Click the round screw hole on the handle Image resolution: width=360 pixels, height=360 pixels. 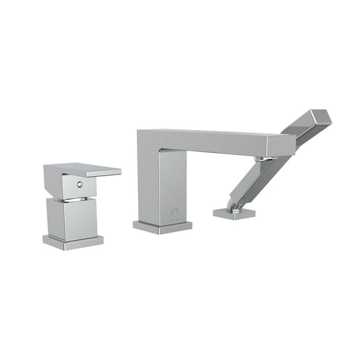79,185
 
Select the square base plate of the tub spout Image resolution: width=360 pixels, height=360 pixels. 162,227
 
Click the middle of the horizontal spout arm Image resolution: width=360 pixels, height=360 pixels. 212,142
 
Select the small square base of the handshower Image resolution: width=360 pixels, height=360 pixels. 234,214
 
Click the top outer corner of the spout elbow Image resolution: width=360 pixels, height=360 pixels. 138,131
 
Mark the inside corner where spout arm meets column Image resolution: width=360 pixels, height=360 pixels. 160,152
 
